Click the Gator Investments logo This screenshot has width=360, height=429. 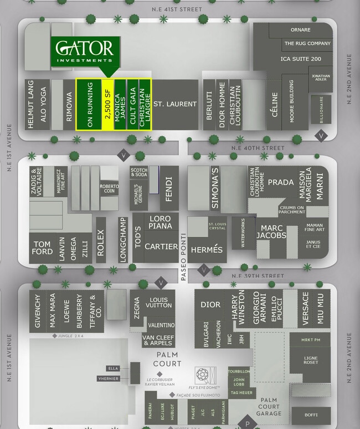click(84, 52)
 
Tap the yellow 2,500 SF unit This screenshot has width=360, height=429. click(107, 105)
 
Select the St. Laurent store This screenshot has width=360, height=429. click(175, 104)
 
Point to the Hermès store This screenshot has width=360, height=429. click(206, 249)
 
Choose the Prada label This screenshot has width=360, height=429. click(280, 182)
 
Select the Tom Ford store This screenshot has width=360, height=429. click(42, 248)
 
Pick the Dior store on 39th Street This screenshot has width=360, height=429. click(210, 304)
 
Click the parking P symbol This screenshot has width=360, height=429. click(247, 424)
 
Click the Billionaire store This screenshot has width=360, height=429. click(321, 109)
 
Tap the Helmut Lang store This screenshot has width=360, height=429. click(30, 105)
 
